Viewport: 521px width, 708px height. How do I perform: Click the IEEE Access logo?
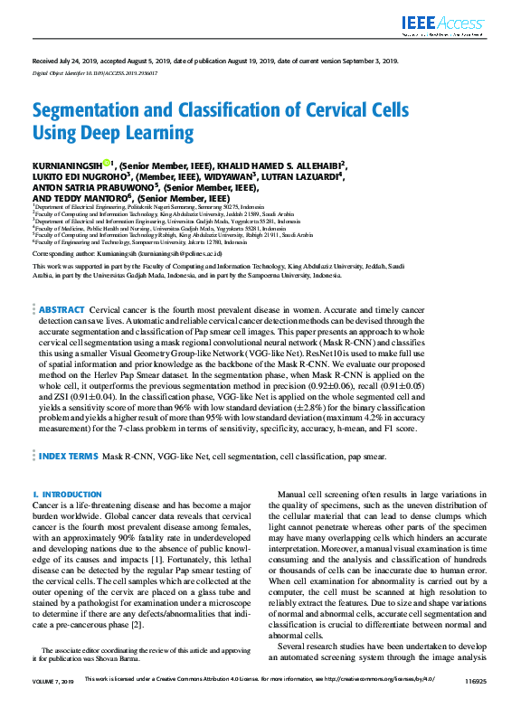(449, 23)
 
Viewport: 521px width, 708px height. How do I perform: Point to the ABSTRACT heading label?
(62, 309)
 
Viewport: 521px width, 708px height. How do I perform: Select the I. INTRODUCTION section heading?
(61, 495)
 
